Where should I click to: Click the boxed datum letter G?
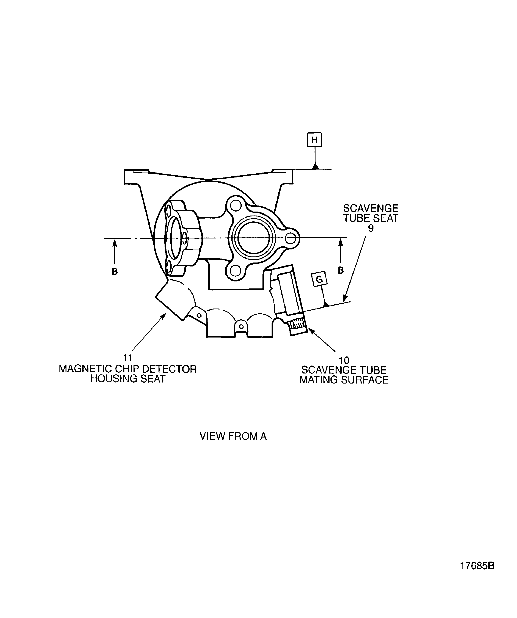pos(319,279)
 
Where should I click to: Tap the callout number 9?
pos(371,228)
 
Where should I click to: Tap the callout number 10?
pos(344,360)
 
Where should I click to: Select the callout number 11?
pos(127,358)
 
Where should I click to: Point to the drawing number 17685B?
pos(477,566)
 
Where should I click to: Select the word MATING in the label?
pos(318,380)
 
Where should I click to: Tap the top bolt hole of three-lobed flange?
pos(236,206)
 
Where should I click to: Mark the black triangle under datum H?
pos(316,166)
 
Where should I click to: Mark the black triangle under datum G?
pos(325,304)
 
